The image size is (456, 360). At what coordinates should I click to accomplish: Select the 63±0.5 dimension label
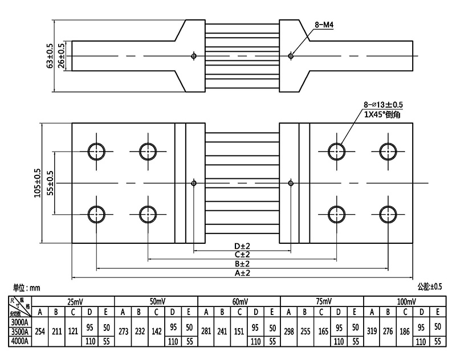[x=50, y=56]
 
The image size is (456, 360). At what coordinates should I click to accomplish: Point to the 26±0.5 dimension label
[x=62, y=56]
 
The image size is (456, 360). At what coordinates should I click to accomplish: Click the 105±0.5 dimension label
[x=38, y=183]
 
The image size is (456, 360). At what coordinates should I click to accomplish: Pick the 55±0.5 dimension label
[x=50, y=183]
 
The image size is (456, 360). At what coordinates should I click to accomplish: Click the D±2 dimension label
[x=242, y=246]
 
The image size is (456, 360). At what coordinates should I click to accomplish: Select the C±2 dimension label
[x=242, y=255]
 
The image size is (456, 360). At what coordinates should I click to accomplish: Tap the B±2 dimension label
[x=242, y=264]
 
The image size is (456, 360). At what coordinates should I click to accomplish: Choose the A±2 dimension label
[x=242, y=273]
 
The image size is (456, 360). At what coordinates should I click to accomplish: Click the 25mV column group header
[x=74, y=301]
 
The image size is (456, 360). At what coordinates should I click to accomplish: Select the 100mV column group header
[x=404, y=301]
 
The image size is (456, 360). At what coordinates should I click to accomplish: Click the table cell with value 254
[x=40, y=332]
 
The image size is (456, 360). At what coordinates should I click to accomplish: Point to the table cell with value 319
[x=372, y=332]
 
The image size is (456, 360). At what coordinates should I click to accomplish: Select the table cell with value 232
[x=139, y=332]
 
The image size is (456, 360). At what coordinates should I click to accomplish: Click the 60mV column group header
[x=239, y=301]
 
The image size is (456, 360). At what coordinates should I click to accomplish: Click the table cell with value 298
[x=289, y=332]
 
